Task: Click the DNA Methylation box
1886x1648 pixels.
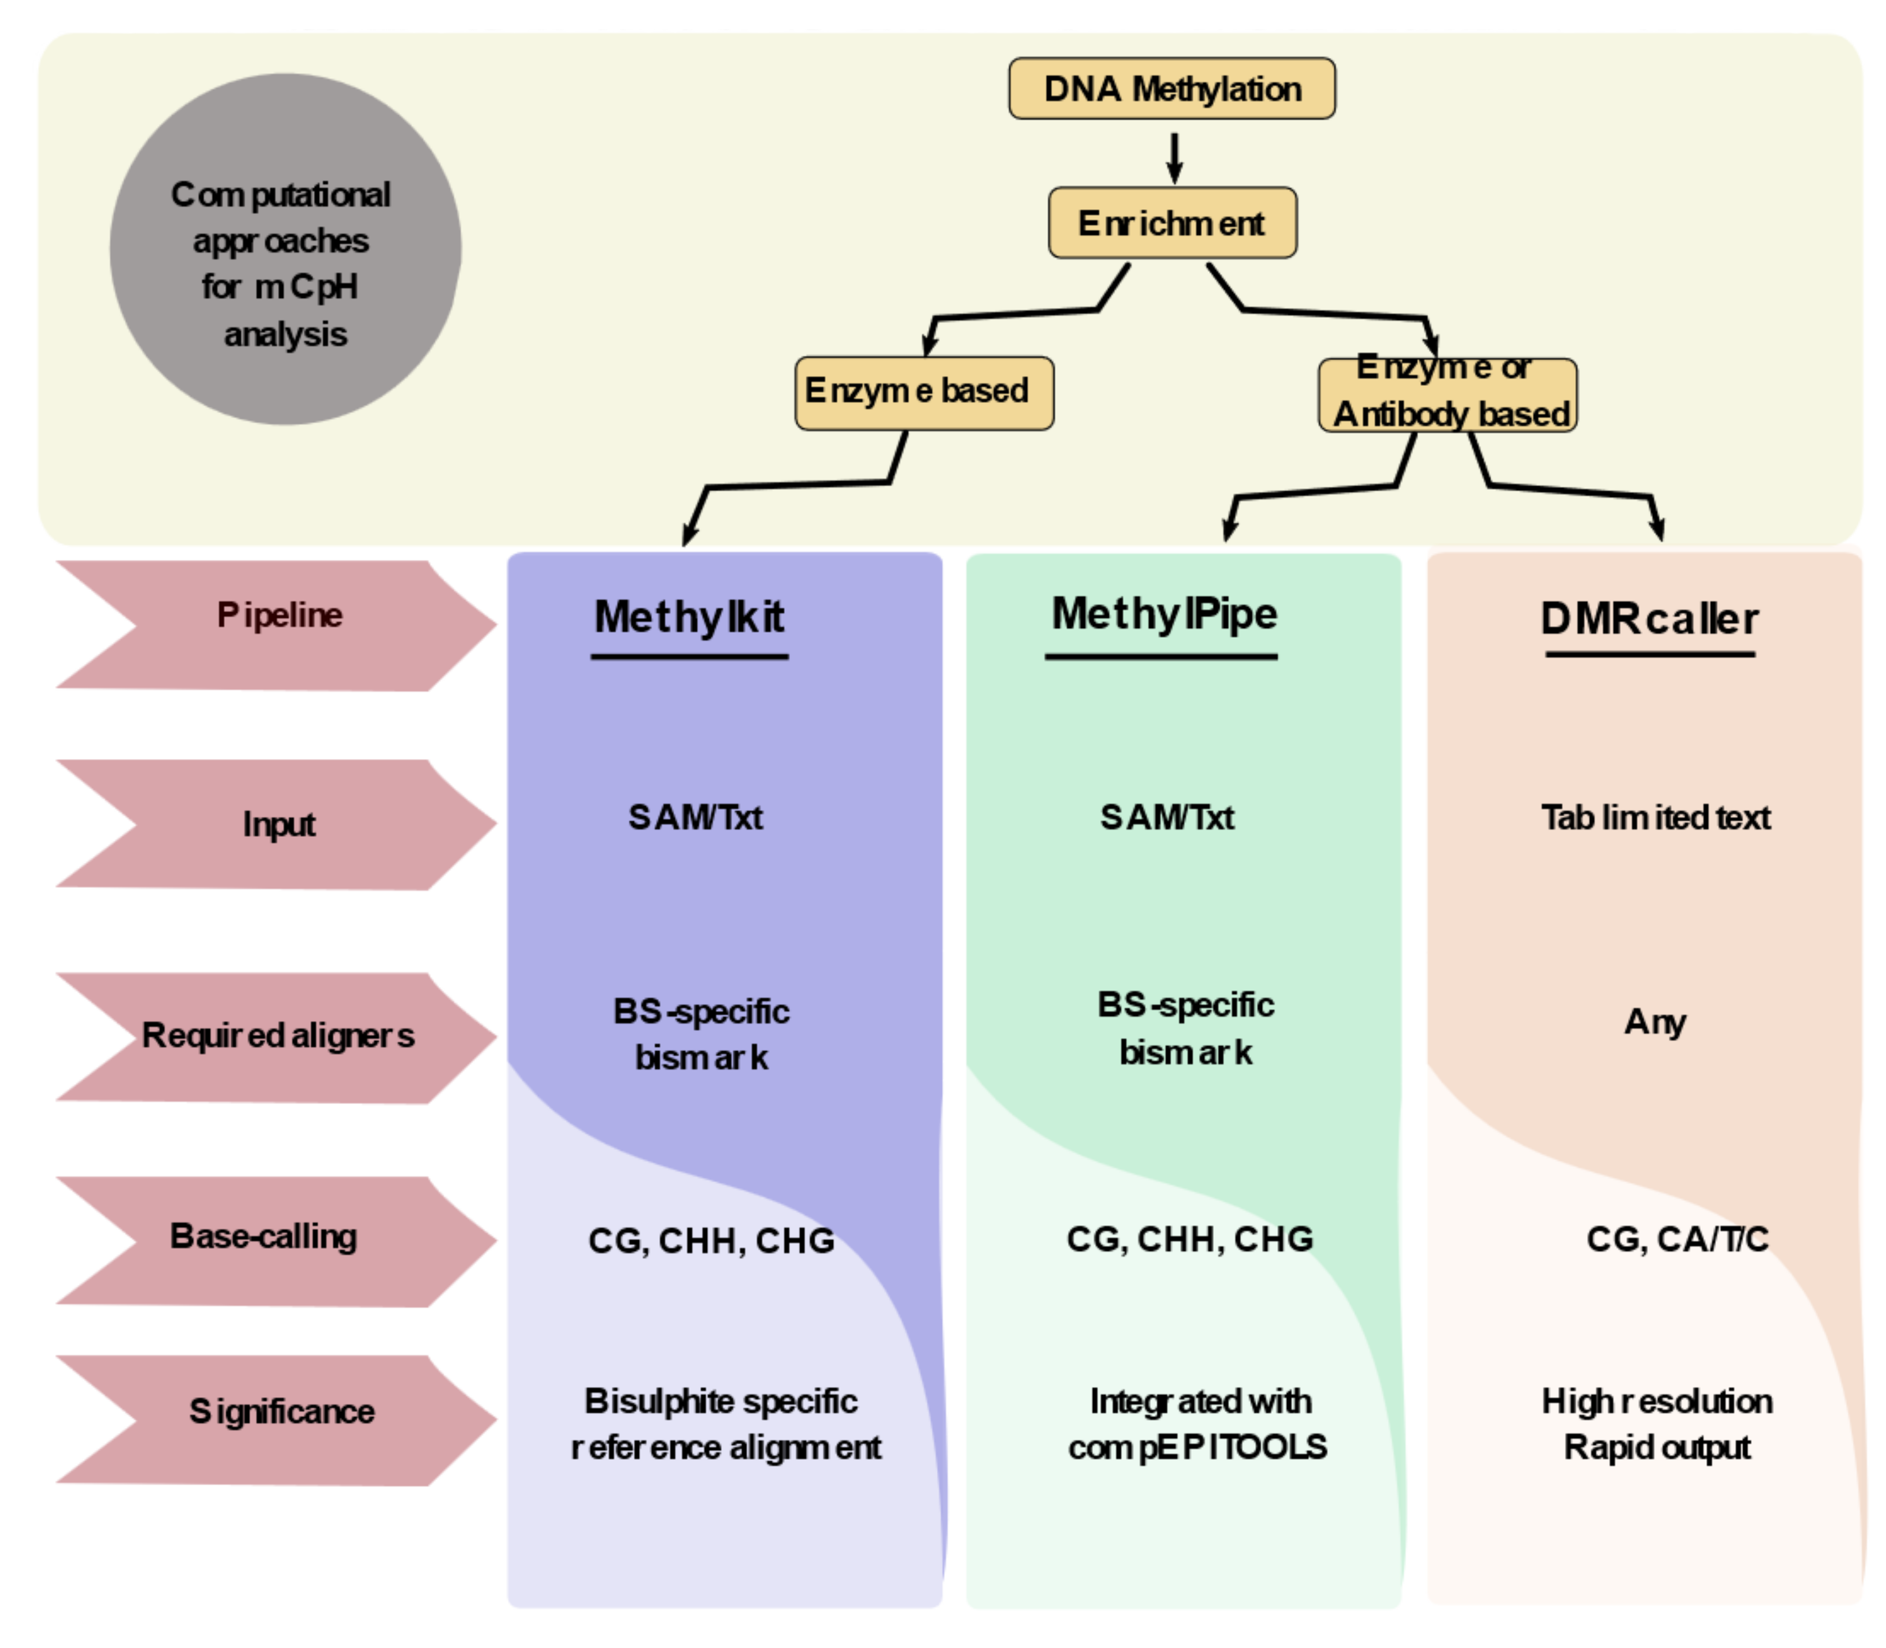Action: [1171, 88]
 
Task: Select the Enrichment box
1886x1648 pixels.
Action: [1172, 223]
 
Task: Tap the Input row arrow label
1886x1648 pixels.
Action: [276, 824]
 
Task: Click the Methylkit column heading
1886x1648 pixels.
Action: [690, 617]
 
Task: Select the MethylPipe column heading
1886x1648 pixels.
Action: [1164, 614]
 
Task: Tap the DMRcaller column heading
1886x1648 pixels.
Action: [1649, 618]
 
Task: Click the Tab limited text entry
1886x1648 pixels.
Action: [1655, 817]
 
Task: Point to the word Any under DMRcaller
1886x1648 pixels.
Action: [1654, 1021]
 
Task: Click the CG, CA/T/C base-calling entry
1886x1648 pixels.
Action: [1676, 1239]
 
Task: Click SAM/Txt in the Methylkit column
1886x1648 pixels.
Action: [696, 817]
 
